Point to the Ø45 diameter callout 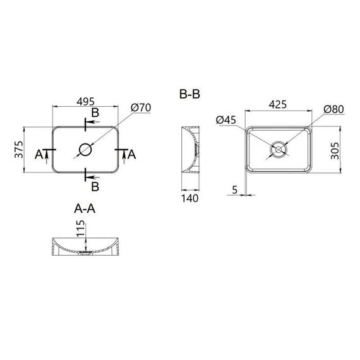point(225,120)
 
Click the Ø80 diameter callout point(333,109)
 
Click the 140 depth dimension point(189,198)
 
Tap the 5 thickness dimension point(234,189)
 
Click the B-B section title point(190,95)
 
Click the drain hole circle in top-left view point(85,150)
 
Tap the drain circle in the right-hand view point(277,150)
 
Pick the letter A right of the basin point(131,154)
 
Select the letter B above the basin point(95,113)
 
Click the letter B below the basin point(95,186)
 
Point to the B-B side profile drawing point(190,150)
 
